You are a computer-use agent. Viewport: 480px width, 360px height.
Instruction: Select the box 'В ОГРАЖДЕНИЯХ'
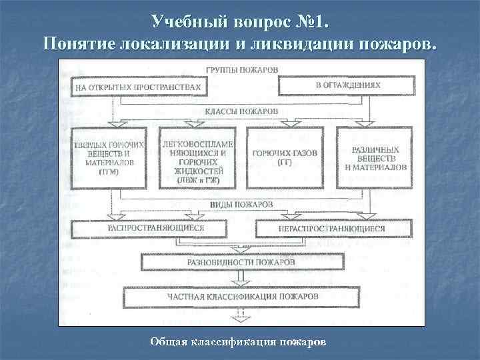[x=345, y=86]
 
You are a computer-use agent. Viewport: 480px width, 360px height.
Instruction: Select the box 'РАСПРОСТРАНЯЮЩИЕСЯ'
[x=155, y=229]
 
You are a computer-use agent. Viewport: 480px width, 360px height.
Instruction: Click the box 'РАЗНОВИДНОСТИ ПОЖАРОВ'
[x=240, y=262]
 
